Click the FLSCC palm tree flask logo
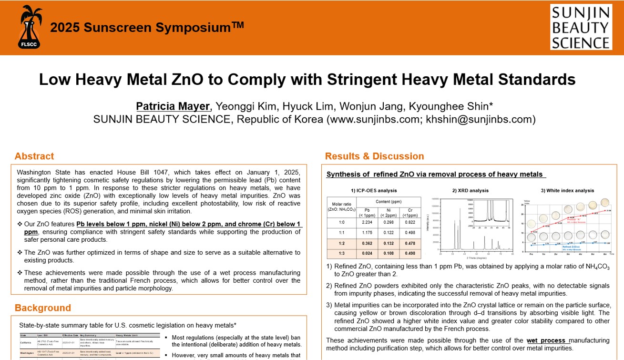click(31, 27)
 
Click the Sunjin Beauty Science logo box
click(581, 27)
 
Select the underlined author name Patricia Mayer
click(173, 106)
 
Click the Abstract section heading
click(34, 156)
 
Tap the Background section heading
click(42, 308)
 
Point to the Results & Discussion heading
click(374, 156)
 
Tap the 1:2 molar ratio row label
click(341, 244)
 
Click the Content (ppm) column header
click(389, 202)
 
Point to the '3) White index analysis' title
click(567, 191)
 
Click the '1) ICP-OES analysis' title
click(374, 191)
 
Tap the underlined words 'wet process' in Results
click(547, 340)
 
